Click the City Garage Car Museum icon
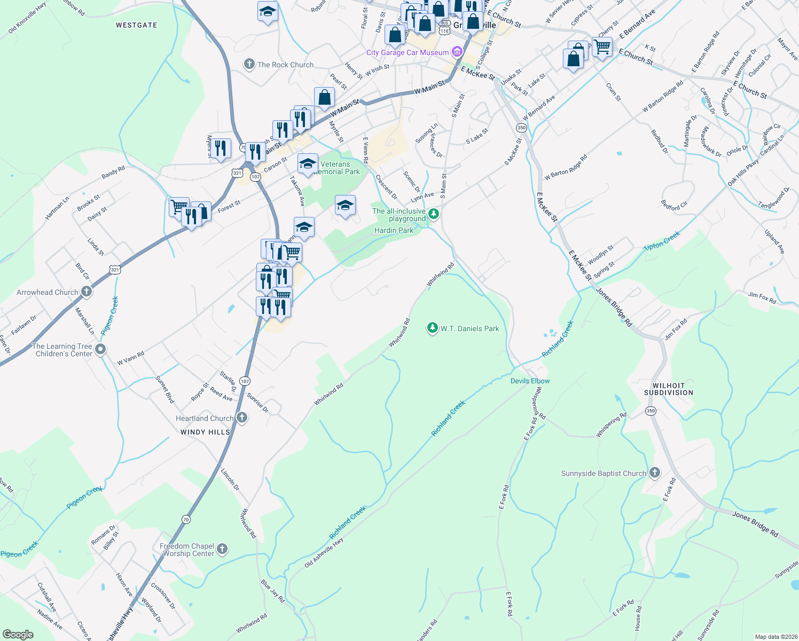(x=457, y=52)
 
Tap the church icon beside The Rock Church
(x=249, y=65)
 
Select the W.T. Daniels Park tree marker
(x=432, y=328)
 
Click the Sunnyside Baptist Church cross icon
(x=655, y=473)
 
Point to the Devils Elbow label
(x=530, y=381)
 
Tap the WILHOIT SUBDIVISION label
(x=668, y=389)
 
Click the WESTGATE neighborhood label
(x=137, y=25)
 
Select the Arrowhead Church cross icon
(x=87, y=292)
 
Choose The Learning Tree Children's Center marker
(x=100, y=349)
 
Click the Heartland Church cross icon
(x=241, y=418)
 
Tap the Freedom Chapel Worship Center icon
(x=222, y=549)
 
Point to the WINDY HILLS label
(x=205, y=432)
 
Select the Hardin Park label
(x=394, y=230)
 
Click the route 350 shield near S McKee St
(x=521, y=128)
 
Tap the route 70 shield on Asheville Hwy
(x=186, y=519)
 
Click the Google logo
(x=18, y=634)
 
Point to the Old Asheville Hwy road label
(x=324, y=553)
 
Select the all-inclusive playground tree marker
(x=434, y=214)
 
